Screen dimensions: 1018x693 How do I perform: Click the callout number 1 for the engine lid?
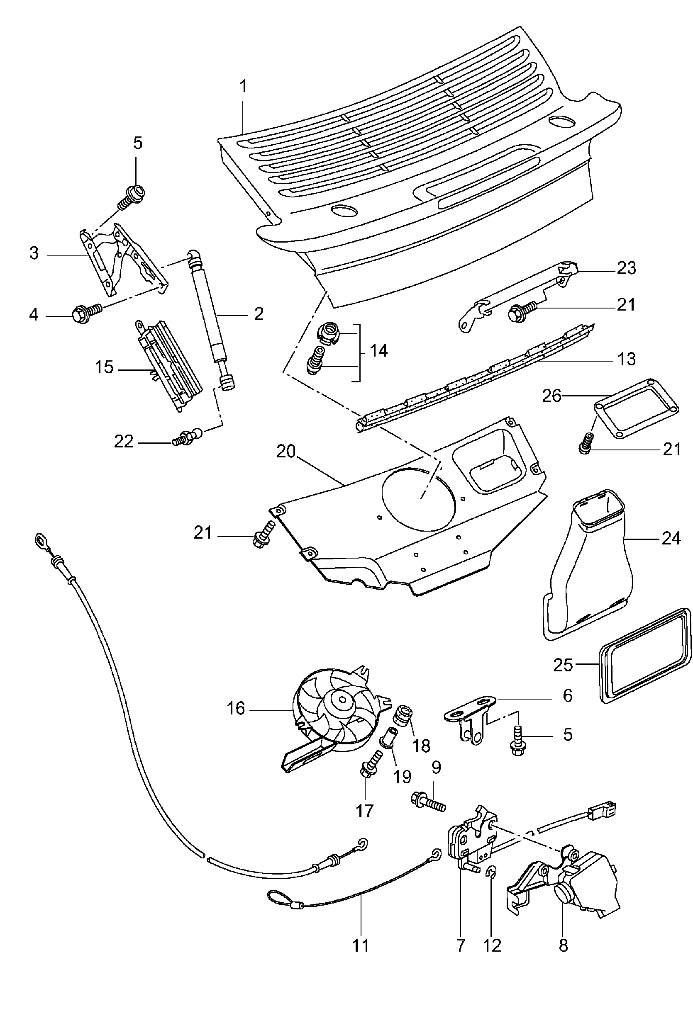pyautogui.click(x=243, y=86)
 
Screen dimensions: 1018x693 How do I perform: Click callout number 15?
pyautogui.click(x=104, y=367)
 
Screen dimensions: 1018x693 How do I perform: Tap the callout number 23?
pyautogui.click(x=626, y=267)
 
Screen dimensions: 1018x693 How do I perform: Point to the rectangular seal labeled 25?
pyautogui.click(x=644, y=657)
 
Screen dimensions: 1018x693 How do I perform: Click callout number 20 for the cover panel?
pyautogui.click(x=286, y=451)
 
